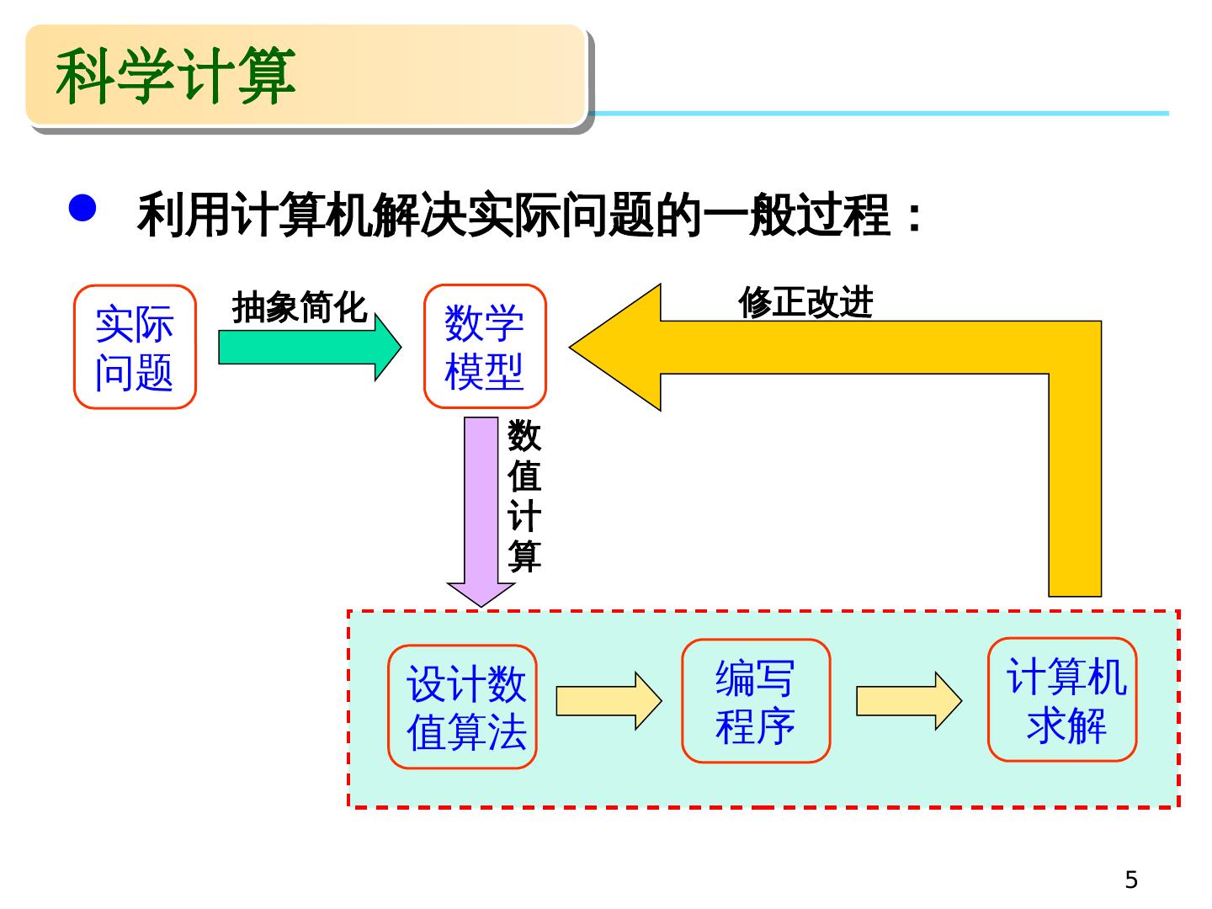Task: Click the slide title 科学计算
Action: [176, 76]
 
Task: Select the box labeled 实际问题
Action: [135, 347]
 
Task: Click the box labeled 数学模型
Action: [485, 347]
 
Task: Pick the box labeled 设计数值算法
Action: [462, 707]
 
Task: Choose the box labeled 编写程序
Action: [755, 701]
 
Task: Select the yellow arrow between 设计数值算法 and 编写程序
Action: [609, 700]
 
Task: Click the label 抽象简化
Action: [299, 308]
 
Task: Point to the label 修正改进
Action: [805, 303]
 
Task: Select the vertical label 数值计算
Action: [524, 497]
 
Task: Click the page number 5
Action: [1131, 880]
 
